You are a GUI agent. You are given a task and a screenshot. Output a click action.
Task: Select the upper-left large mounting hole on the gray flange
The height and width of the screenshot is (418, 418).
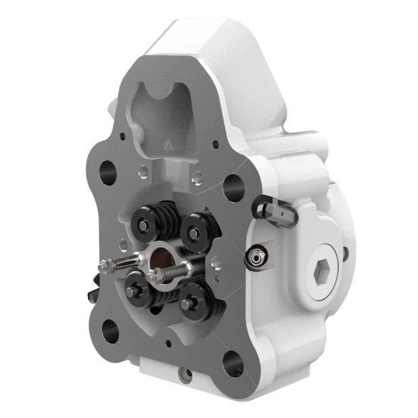[106, 168]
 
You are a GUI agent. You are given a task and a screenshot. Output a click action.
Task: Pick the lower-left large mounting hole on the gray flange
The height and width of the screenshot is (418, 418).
[110, 327]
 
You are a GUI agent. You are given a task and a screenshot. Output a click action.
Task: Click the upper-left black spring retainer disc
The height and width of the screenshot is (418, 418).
[145, 220]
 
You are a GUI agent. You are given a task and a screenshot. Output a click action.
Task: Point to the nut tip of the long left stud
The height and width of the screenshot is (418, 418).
[102, 264]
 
